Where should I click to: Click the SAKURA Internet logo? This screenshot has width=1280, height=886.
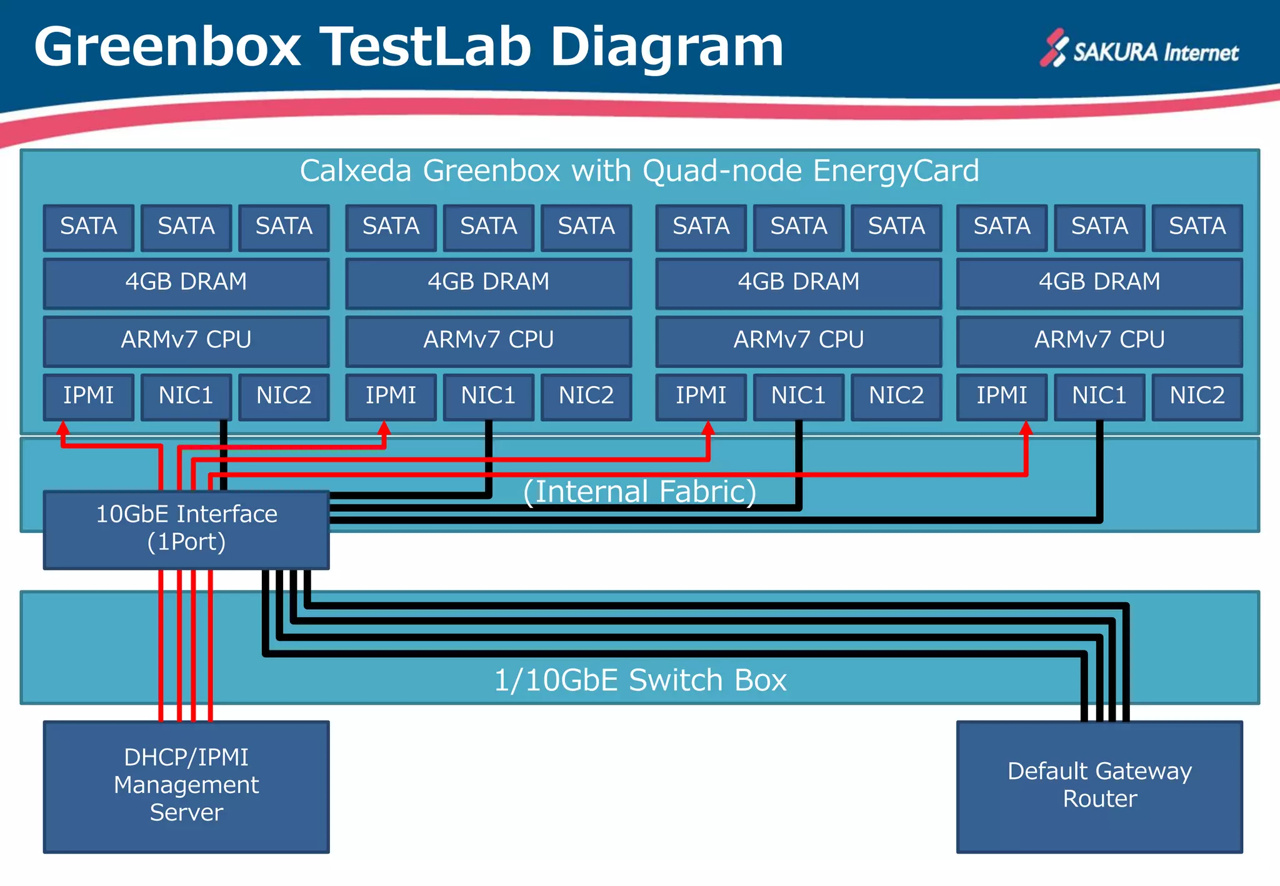1139,50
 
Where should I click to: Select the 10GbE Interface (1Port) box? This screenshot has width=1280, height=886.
186,529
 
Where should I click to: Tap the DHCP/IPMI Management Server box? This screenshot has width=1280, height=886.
186,785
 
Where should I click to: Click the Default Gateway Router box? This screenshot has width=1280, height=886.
1099,785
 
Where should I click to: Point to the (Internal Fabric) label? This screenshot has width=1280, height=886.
639,492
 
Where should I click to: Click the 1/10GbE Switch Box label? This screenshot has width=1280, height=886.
639,680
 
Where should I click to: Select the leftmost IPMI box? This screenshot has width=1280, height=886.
89,396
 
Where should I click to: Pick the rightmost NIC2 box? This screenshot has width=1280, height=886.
1197,396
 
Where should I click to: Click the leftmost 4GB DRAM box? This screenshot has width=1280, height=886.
186,282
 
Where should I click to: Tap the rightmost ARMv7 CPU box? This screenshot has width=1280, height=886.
1099,340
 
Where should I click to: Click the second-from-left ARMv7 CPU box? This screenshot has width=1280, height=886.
488,340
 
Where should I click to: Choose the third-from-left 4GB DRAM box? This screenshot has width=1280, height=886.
798,282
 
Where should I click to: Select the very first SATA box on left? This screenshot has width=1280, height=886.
89,226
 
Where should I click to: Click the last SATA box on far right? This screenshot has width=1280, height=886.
1197,226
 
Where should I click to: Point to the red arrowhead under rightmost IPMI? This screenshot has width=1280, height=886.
1026,429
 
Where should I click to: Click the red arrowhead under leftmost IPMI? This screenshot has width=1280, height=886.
63,429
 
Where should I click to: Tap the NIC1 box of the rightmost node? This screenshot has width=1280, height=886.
1099,396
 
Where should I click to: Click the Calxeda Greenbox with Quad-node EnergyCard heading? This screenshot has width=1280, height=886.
639,171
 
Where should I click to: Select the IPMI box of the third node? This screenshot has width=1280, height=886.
701,396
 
